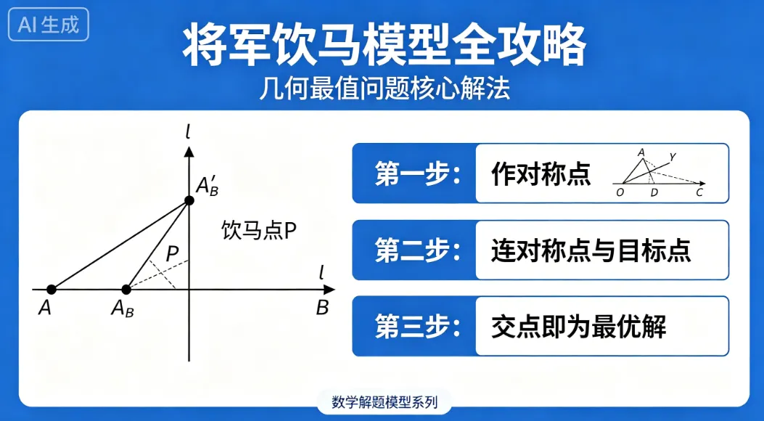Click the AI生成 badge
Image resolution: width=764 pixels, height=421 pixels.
(49, 25)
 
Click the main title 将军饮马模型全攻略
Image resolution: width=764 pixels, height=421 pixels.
(383, 45)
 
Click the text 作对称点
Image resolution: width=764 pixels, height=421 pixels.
(541, 174)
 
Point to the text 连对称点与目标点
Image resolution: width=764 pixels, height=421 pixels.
(591, 250)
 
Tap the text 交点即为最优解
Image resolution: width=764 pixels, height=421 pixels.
(578, 327)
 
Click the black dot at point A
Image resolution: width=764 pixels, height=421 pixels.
(51, 290)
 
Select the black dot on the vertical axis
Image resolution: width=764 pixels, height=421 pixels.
(189, 200)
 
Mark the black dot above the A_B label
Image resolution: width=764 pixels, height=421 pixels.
(126, 290)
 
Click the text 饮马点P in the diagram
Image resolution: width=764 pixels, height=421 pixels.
(259, 231)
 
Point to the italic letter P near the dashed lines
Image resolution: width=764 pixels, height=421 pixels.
(172, 254)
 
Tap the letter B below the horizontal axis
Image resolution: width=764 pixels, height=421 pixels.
(322, 308)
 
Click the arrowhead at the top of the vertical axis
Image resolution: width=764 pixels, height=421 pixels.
(189, 152)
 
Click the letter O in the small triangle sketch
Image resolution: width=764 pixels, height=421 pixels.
(620, 192)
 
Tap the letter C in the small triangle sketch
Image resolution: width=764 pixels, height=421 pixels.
(699, 192)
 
